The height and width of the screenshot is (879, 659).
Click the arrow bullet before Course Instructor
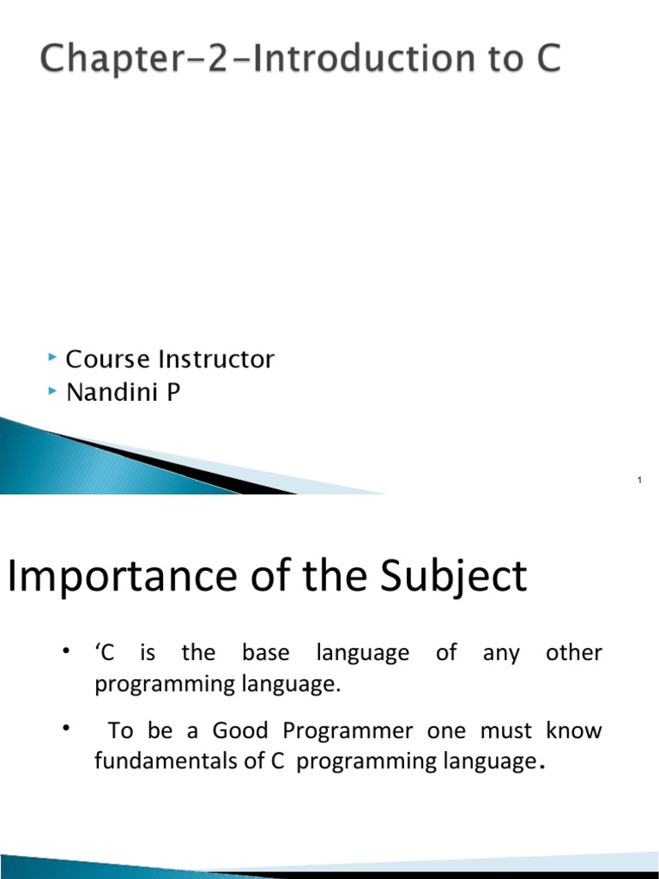click(53, 355)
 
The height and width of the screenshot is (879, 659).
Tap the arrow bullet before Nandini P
click(53, 390)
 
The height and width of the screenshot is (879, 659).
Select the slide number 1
click(640, 479)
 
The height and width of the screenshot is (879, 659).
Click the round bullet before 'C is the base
click(64, 650)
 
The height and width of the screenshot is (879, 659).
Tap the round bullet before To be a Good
click(64, 728)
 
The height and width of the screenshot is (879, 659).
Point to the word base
click(266, 653)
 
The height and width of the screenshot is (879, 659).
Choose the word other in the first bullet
click(573, 653)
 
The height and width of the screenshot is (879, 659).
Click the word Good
click(240, 731)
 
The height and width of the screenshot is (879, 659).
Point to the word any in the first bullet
click(501, 654)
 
